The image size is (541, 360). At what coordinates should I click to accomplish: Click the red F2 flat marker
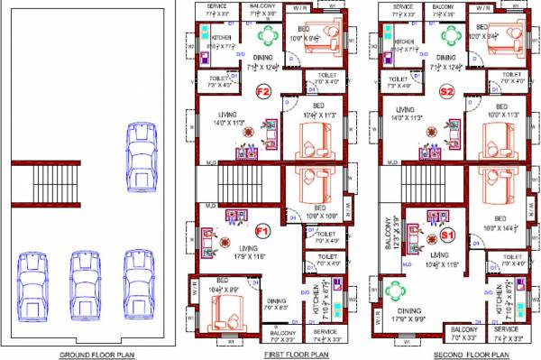[264, 91]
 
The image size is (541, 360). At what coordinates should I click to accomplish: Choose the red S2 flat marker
[446, 91]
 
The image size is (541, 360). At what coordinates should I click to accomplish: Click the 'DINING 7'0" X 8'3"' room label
[277, 304]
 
